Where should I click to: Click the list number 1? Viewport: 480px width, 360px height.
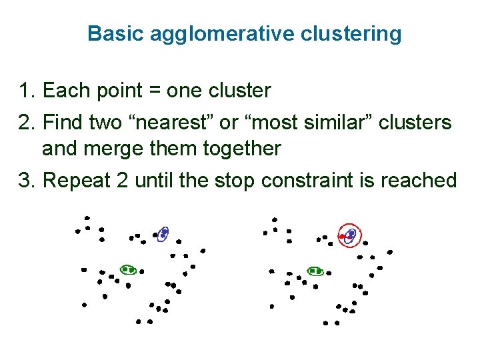coord(26,90)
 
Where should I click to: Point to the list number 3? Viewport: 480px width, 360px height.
coord(26,181)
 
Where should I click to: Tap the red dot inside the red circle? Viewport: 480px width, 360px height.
coord(341,237)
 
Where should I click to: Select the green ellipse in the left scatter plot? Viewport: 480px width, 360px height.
coord(128,269)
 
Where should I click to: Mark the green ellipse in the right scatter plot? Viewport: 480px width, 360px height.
coord(315,271)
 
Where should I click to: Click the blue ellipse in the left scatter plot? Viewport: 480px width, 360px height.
coord(162,234)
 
